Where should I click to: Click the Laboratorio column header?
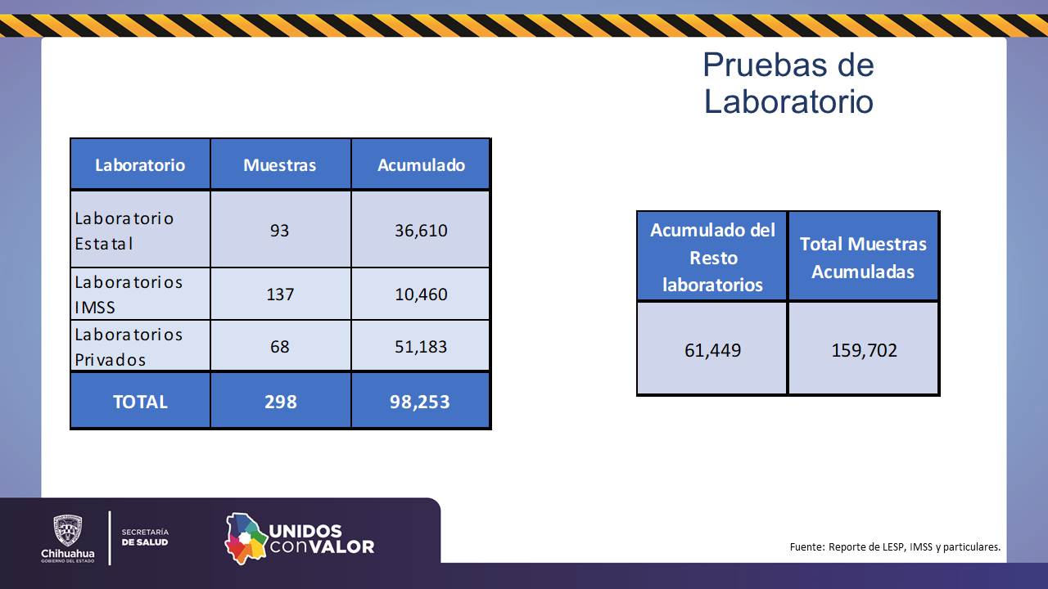(140, 164)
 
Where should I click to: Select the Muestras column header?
(280, 164)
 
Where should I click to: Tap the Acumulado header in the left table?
(421, 164)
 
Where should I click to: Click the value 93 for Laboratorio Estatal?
(280, 230)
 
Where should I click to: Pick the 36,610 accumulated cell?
(421, 230)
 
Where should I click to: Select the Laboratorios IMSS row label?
(129, 294)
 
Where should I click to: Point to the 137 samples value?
(280, 294)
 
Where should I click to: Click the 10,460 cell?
(421, 294)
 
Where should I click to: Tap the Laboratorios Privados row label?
(129, 346)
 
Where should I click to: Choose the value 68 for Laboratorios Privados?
(280, 346)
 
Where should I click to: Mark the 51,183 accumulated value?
(421, 346)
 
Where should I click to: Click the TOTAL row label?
(140, 402)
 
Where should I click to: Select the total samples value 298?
(280, 402)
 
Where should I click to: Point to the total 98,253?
(421, 402)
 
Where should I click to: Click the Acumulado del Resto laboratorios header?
(712, 257)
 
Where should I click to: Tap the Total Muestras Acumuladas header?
(863, 257)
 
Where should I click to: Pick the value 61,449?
(712, 350)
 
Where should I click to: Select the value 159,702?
(863, 350)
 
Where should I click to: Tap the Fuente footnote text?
(895, 546)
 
